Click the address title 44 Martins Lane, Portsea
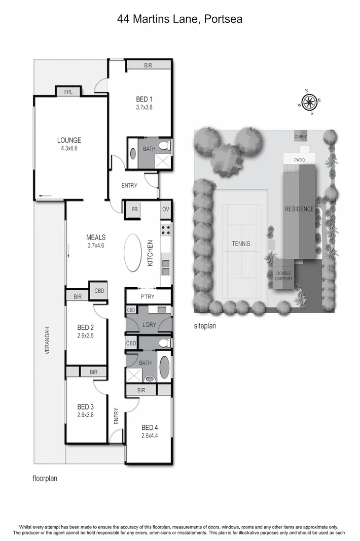[x=179, y=19]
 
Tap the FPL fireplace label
[x=68, y=92]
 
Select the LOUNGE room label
[x=69, y=141]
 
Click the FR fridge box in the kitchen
[x=135, y=209]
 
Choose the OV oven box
[x=165, y=209]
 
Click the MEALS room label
[x=95, y=238]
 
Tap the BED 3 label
[x=85, y=407]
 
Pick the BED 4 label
[x=150, y=427]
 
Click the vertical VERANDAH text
[x=47, y=340]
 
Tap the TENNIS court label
[x=241, y=244]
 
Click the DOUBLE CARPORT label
[x=284, y=276]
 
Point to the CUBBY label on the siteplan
[x=301, y=137]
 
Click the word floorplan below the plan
[x=45, y=478]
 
